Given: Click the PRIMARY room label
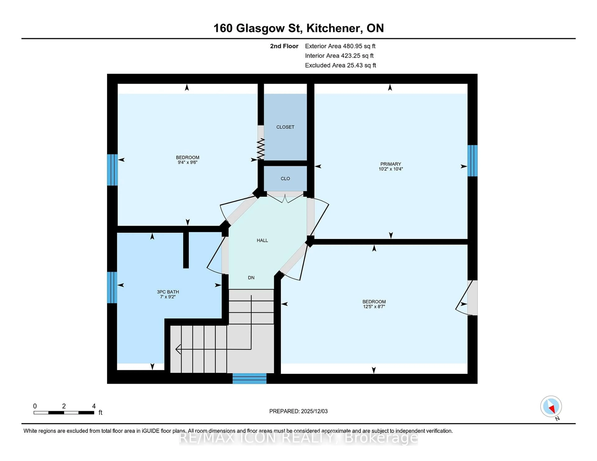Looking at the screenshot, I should pyautogui.click(x=390, y=164).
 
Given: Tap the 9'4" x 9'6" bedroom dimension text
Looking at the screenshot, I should pyautogui.click(x=187, y=162).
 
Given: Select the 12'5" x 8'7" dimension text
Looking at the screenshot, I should pyautogui.click(x=374, y=306).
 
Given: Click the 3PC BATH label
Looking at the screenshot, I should pyautogui.click(x=168, y=292).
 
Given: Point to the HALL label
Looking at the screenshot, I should pyautogui.click(x=262, y=240).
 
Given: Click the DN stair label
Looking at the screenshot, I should pyautogui.click(x=251, y=277).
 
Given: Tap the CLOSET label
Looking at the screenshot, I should pyautogui.click(x=285, y=127).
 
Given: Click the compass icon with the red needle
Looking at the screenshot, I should pyautogui.click(x=551, y=406).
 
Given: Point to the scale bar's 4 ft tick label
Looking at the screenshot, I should pyautogui.click(x=94, y=406).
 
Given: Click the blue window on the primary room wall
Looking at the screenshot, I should pyautogui.click(x=472, y=161).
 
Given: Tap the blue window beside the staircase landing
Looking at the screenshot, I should pyautogui.click(x=249, y=378).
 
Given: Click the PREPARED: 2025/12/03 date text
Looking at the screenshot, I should pyautogui.click(x=298, y=411).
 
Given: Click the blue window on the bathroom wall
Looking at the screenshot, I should pyautogui.click(x=112, y=287).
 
